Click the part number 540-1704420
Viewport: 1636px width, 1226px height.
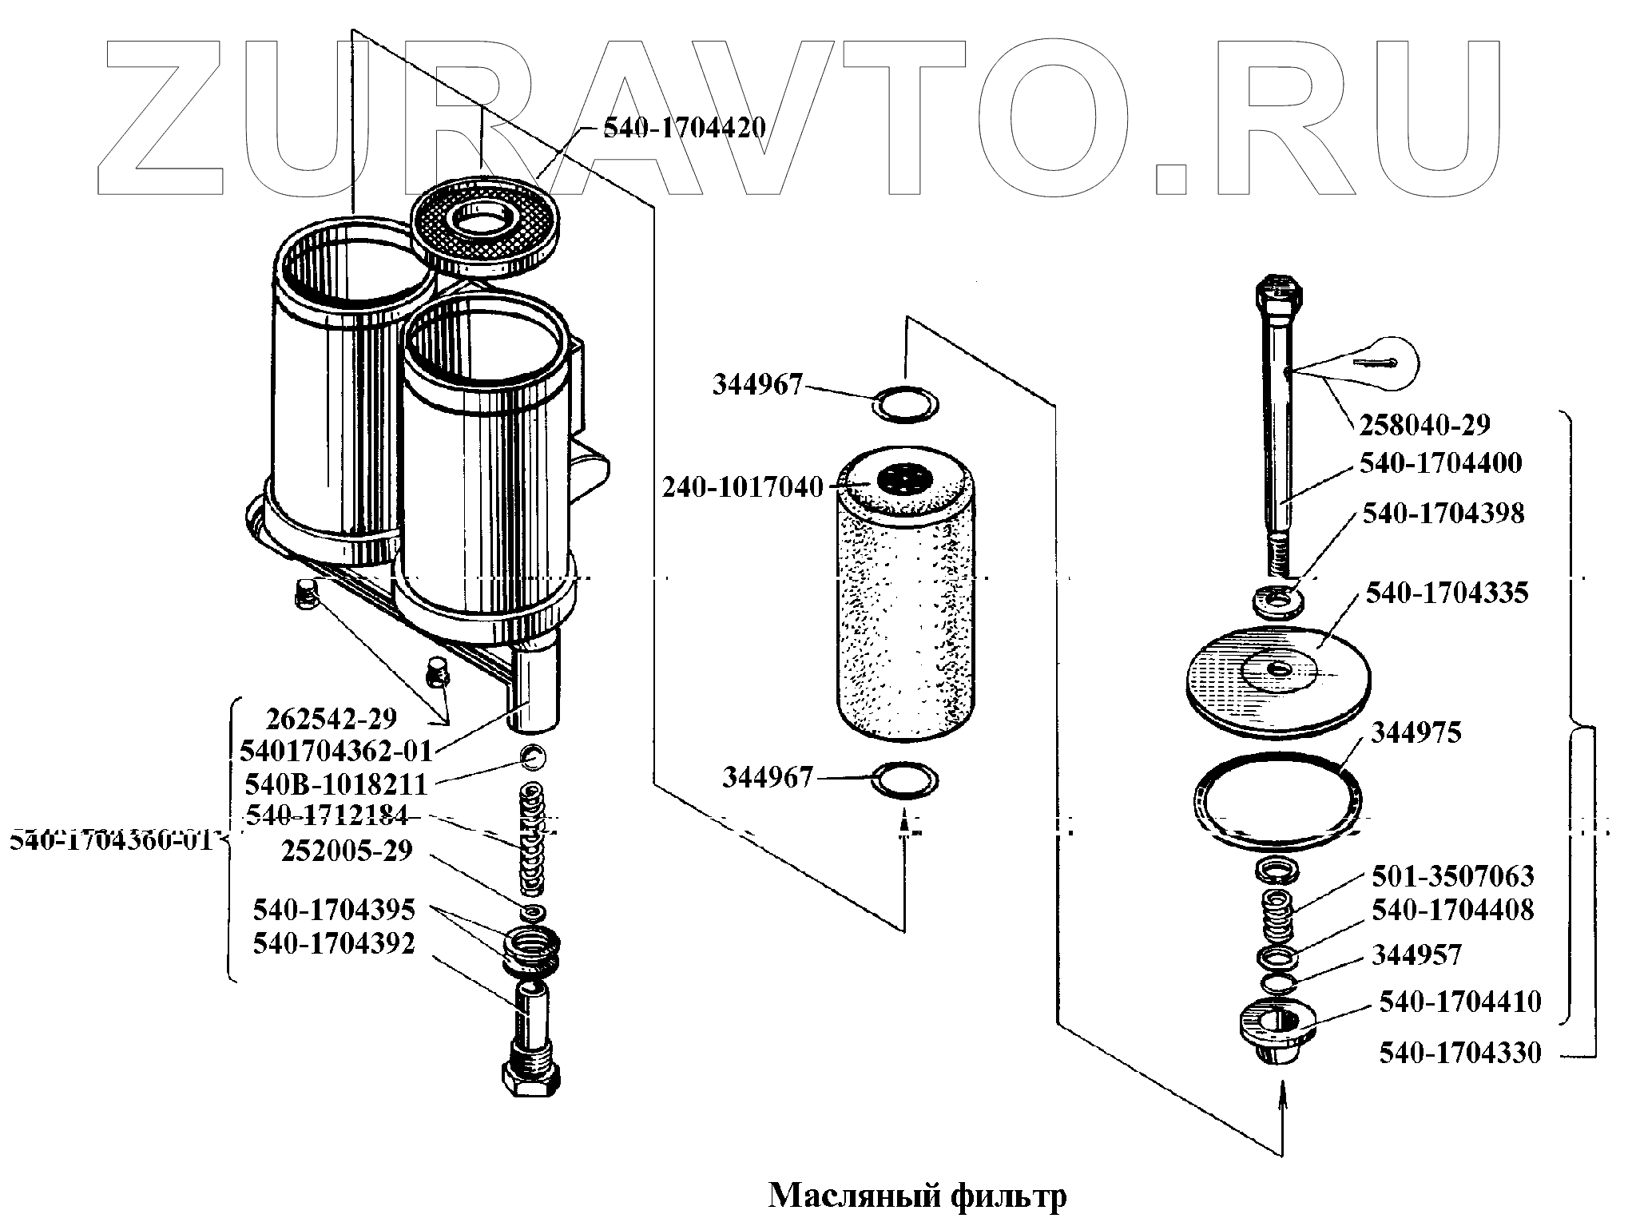(x=684, y=127)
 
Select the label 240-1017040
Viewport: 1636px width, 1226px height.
(x=742, y=486)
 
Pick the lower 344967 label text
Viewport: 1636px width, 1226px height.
(x=768, y=777)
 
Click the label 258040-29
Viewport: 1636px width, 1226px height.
(x=1424, y=425)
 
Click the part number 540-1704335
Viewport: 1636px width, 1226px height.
(x=1447, y=593)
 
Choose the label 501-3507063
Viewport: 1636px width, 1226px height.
(x=1452, y=876)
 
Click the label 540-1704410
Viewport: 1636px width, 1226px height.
(x=1459, y=1002)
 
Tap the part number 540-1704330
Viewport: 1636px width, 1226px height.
(x=1459, y=1053)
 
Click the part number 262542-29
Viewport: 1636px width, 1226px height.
(x=331, y=719)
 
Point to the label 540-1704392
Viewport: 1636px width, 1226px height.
(x=334, y=944)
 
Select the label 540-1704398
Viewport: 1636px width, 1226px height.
(x=1443, y=514)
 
